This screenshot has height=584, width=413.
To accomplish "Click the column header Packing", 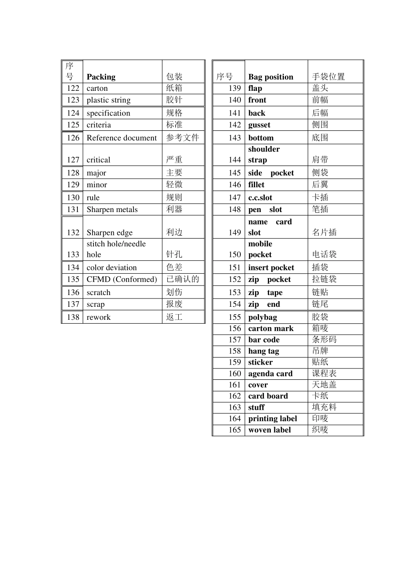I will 101,77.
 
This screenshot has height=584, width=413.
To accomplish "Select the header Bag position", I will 270,77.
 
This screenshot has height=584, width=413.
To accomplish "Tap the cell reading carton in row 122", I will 97,88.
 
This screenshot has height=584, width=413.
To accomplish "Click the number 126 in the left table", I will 73,138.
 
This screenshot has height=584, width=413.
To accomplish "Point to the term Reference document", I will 121,138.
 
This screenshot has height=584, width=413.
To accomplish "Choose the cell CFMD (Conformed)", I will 121,279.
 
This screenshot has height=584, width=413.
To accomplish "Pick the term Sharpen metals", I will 112,209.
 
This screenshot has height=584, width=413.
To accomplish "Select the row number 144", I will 234,160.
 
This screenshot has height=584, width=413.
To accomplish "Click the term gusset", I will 259,125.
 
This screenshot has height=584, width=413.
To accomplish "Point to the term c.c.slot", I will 260,198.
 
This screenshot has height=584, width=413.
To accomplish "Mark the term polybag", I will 262,317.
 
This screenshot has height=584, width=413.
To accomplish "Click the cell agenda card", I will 270,374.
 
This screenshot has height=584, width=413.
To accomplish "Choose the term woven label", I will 270,430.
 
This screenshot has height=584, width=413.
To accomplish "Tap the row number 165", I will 234,430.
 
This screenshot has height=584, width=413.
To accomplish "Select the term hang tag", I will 263,351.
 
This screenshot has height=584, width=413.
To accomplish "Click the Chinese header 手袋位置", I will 328,77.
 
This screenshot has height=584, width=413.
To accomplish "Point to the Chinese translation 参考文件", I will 183,138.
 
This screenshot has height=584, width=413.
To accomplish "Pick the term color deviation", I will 111,268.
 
